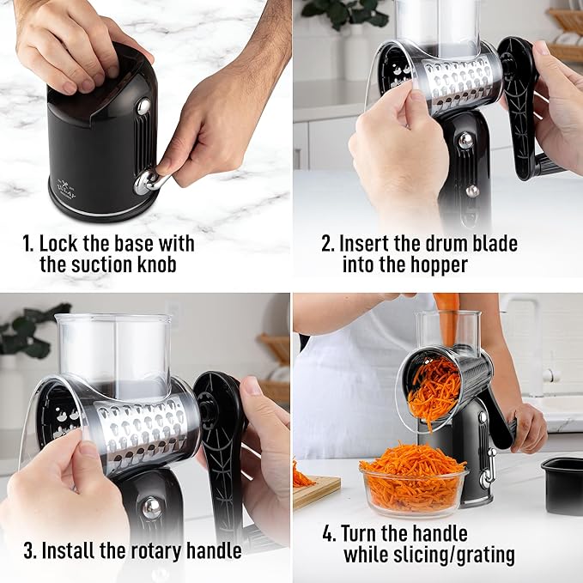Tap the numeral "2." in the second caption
pyautogui.click(x=328, y=243)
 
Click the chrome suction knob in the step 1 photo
pyautogui.click(x=147, y=180)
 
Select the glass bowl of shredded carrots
pyautogui.click(x=413, y=481)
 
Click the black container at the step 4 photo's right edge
pyautogui.click(x=562, y=483)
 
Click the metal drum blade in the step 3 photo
pyautogui.click(x=142, y=429)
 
